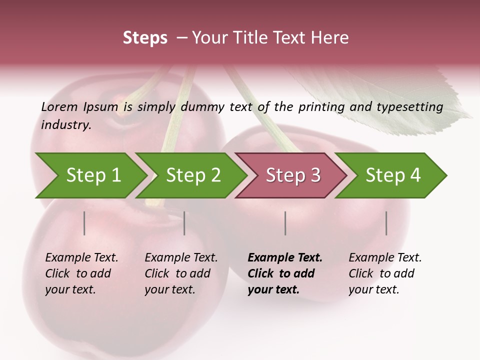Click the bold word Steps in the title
pyautogui.click(x=145, y=38)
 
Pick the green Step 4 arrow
pyautogui.click(x=393, y=175)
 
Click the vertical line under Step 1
pyautogui.click(x=84, y=223)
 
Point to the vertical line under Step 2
pyautogui.click(x=184, y=223)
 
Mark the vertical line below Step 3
pyautogui.click(x=285, y=223)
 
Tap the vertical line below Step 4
pyautogui.click(x=386, y=223)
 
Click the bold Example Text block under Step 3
pyautogui.click(x=285, y=273)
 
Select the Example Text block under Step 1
pyautogui.click(x=81, y=273)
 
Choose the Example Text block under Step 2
pyautogui.click(x=181, y=273)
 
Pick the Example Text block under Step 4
pyautogui.click(x=385, y=273)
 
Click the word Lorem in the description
pyautogui.click(x=59, y=106)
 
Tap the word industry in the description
pyautogui.click(x=66, y=125)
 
